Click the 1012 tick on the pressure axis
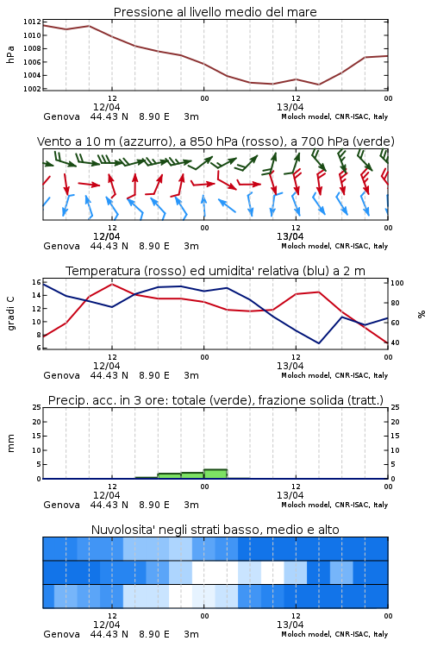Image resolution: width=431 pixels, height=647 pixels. pos(32,22)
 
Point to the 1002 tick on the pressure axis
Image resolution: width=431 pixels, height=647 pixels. pos(32,89)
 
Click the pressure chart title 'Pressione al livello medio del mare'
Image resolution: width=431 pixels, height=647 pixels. pos(215,12)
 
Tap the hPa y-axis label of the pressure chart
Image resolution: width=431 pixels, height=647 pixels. pos(10,54)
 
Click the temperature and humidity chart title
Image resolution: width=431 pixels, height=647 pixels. pos(215,271)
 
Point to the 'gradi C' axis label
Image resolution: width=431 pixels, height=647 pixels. pos(10,313)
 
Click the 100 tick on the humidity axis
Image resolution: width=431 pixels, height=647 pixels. pos(397,283)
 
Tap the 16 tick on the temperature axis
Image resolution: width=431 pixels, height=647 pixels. pos(37,282)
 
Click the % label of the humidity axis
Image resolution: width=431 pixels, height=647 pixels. pos(422,314)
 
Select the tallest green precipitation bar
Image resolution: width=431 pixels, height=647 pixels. pos(215,474)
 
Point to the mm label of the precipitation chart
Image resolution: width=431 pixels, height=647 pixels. pos(10,443)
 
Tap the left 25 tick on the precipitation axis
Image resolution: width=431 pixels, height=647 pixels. pos(37,407)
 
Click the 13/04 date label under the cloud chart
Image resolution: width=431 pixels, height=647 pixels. pos(290,625)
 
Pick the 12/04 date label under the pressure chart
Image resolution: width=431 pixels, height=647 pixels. pos(106,107)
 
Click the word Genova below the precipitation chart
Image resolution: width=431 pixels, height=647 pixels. pos(61,505)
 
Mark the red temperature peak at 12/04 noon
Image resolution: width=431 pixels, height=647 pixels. pos(112,285)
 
